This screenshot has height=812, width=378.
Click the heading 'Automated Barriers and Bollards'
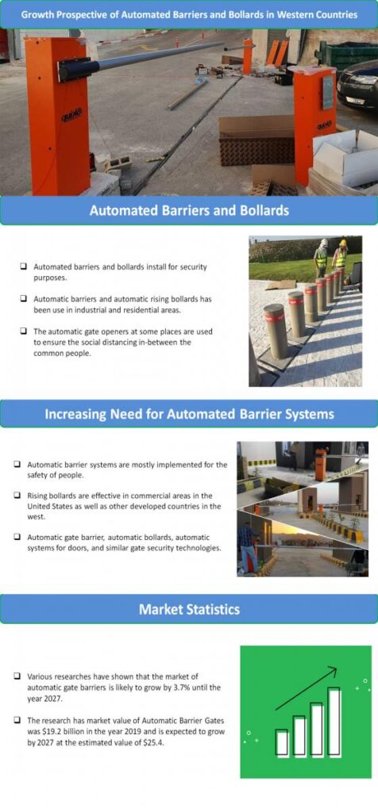coord(189,211)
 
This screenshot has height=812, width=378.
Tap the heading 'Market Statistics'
coord(189,609)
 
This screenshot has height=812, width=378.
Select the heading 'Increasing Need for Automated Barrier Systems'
coord(189,413)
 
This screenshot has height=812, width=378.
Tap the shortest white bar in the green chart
coord(282,742)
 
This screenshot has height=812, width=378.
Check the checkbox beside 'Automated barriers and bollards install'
coord(24,267)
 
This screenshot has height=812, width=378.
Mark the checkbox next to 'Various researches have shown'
coord(17,676)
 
